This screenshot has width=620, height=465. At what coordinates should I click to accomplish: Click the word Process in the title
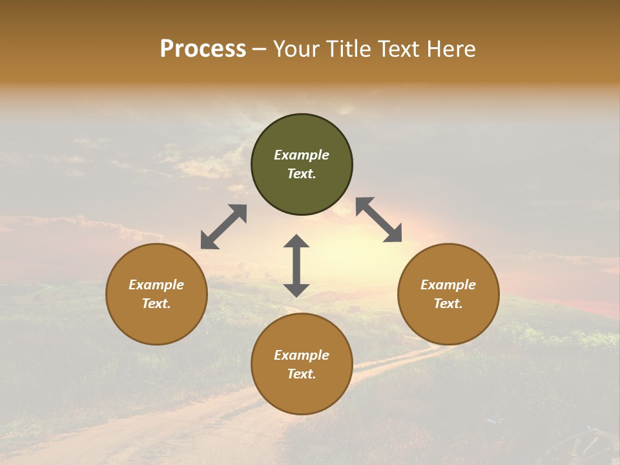(x=203, y=49)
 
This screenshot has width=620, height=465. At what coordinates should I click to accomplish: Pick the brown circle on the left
(x=156, y=316)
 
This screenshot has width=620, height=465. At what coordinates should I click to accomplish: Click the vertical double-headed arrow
(x=296, y=265)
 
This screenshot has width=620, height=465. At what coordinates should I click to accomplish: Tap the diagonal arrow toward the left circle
(x=223, y=227)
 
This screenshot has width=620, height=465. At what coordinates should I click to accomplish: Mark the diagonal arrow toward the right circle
(x=378, y=220)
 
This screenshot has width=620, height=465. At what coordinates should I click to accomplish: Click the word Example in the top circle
(x=302, y=155)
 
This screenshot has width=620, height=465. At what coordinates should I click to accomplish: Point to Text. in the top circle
(x=302, y=174)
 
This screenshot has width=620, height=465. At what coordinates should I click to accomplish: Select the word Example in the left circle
(x=156, y=285)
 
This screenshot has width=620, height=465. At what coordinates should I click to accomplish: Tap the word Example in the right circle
(x=448, y=285)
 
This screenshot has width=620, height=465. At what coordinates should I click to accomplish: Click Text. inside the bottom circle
(x=302, y=374)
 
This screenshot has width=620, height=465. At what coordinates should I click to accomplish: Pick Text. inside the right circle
(x=448, y=304)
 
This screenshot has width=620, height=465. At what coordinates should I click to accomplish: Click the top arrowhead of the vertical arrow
(x=296, y=242)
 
